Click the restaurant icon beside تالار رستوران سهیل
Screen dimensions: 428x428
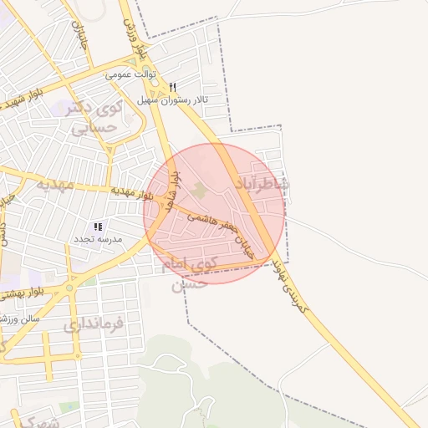(173, 87)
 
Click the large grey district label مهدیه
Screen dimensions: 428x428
(50, 183)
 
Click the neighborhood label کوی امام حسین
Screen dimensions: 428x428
(199, 274)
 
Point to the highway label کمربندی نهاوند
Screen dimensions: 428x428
(289, 285)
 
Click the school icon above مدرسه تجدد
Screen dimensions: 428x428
(98, 227)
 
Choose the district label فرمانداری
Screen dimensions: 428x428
(94, 323)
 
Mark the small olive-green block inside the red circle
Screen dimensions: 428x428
(198, 191)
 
